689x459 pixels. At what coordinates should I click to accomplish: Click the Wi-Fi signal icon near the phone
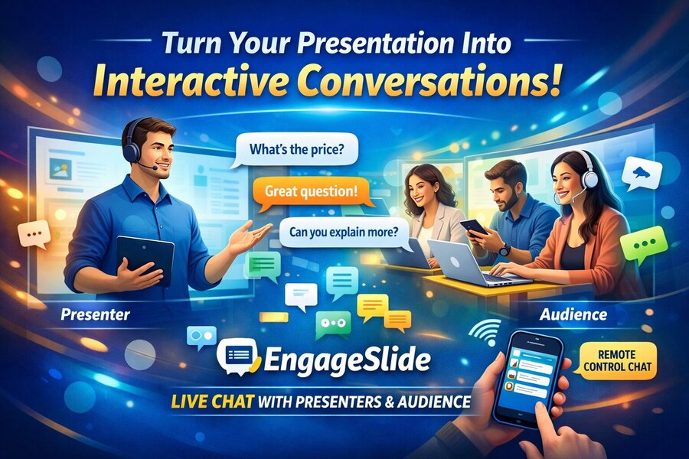[483, 331]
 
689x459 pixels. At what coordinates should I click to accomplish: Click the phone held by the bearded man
[474, 227]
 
